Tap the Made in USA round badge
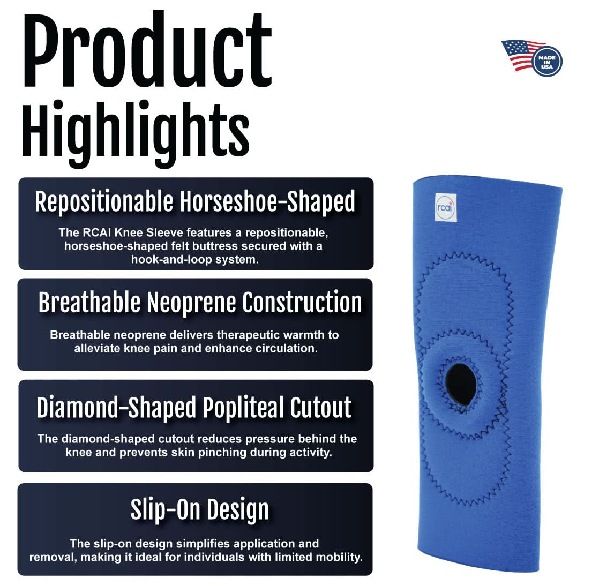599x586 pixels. coord(547,59)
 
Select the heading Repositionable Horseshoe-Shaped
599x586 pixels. coord(195,201)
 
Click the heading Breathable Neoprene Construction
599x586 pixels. coord(200,303)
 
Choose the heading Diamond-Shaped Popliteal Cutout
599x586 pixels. coord(194,408)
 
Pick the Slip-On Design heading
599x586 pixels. coord(199,509)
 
